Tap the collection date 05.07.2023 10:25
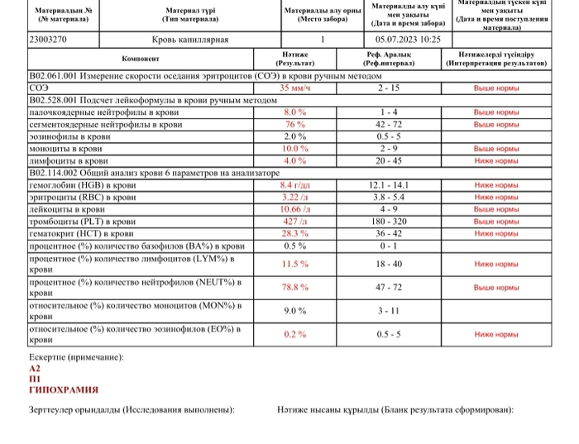[408, 39]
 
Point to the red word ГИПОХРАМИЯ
[64, 389]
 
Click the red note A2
[34, 369]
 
